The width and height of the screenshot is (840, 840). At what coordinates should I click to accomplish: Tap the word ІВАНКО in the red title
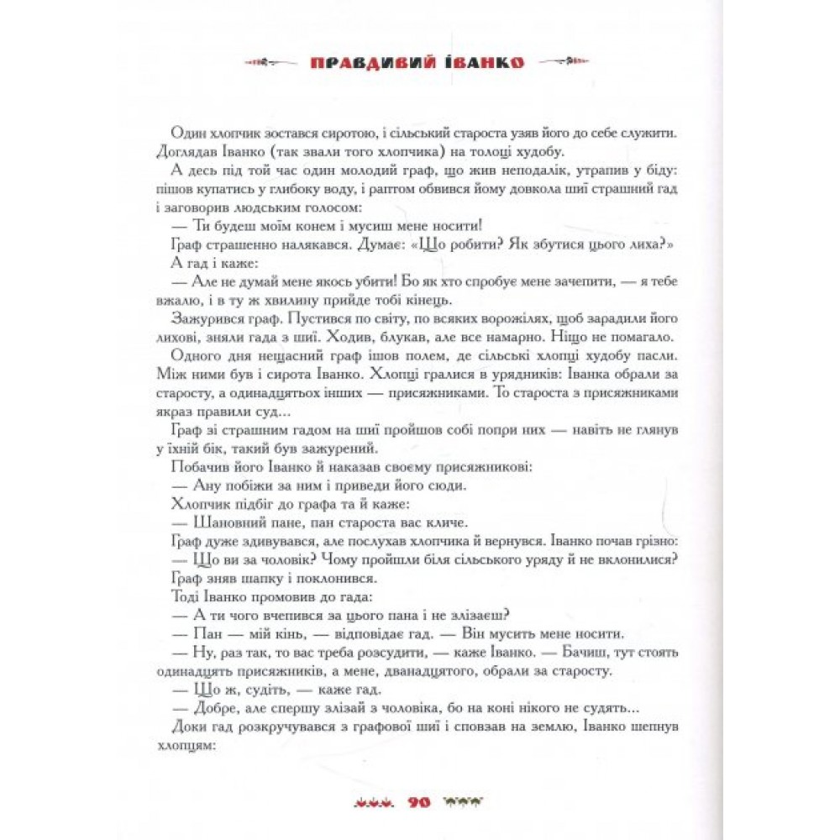click(x=482, y=62)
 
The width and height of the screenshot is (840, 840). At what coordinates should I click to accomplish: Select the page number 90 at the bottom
click(x=417, y=801)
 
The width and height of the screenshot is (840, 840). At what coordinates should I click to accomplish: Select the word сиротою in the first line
click(x=349, y=134)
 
